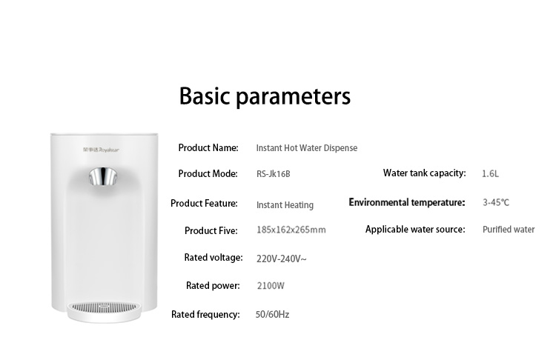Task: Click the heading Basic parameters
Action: [x=265, y=96]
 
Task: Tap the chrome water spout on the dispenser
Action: [x=103, y=176]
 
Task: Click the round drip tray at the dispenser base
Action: [x=104, y=311]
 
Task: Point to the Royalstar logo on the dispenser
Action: [x=101, y=150]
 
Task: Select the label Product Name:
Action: [x=208, y=147]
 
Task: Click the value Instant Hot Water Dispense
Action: [x=307, y=148]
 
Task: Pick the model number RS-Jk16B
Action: [x=274, y=174]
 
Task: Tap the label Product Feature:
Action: [x=204, y=204]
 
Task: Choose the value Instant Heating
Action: [x=285, y=205]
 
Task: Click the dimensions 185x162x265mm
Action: [x=291, y=230]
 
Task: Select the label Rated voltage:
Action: [x=214, y=258]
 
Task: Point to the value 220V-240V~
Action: [x=282, y=259]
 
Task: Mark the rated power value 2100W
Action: [x=271, y=286]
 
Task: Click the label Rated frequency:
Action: [x=205, y=315]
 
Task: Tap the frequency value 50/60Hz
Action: [x=272, y=315]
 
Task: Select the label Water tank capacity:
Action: [x=425, y=173]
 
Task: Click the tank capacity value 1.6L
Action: [x=491, y=173]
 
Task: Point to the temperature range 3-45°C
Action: [x=496, y=203]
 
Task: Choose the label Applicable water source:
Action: [x=415, y=230]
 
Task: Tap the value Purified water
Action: [x=509, y=230]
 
